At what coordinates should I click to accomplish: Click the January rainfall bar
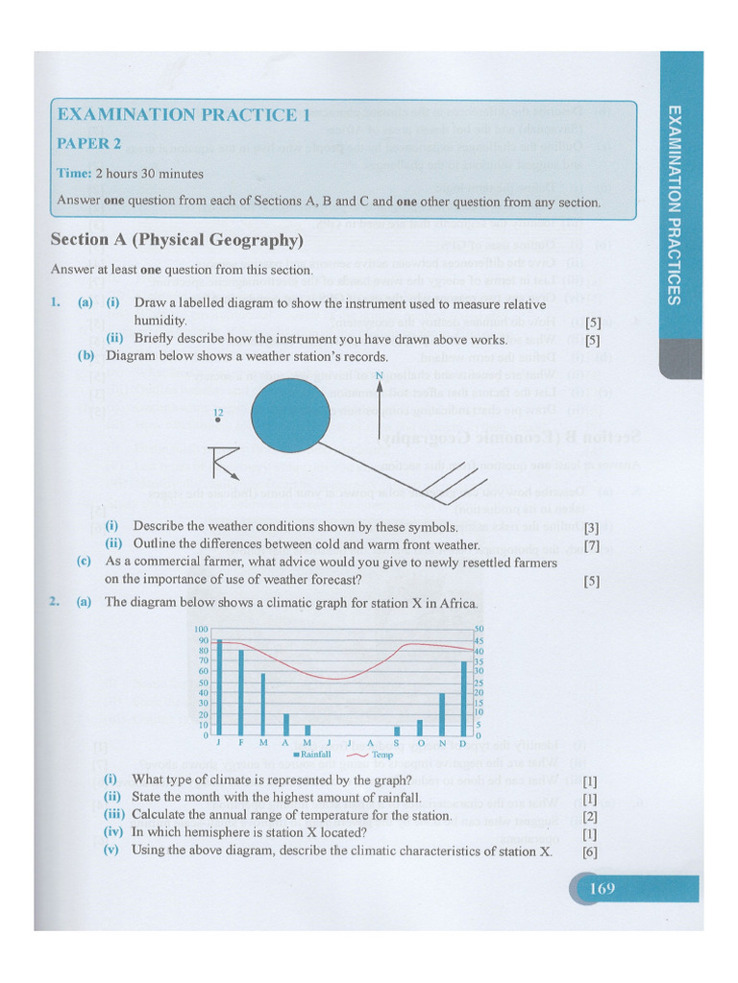coord(219,686)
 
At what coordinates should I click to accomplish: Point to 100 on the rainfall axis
coord(202,629)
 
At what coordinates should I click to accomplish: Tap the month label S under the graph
coord(396,744)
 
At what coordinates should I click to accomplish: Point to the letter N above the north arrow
coord(380,375)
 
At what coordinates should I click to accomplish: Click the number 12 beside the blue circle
coord(218,412)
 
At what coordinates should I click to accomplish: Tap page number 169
coord(603,889)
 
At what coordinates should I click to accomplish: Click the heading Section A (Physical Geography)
coord(177,239)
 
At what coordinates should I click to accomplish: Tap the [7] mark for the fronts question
coord(592,545)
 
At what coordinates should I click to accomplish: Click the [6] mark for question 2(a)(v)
coord(590,851)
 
